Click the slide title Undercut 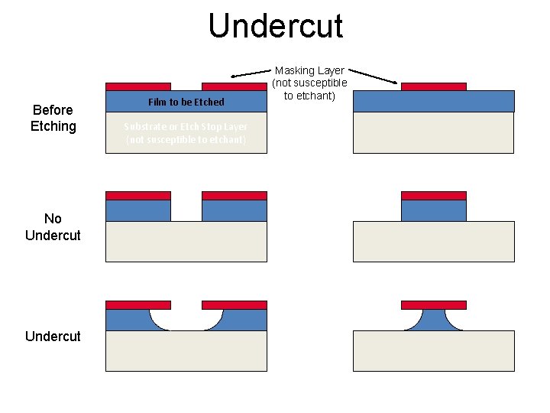275,25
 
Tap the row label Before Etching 53,118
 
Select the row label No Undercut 53,227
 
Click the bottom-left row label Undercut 53,336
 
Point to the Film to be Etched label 186,102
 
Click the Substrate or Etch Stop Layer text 186,132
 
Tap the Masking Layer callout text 309,83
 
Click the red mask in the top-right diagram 433,86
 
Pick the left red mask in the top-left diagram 137,86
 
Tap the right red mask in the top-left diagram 234,86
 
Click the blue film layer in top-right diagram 433,101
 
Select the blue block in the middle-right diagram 433,210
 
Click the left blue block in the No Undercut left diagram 137,210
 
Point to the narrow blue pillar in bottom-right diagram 433,320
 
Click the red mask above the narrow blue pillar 433,304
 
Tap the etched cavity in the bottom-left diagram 186,320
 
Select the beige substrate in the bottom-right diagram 433,351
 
